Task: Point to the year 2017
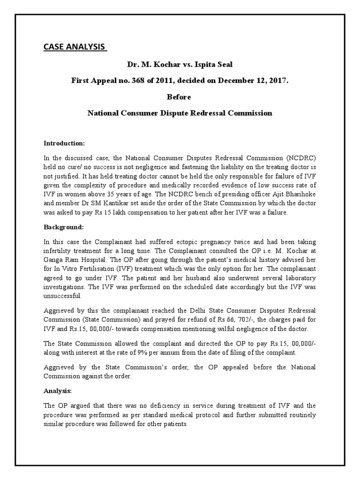pyautogui.click(x=278, y=81)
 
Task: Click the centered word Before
pyautogui.click(x=180, y=97)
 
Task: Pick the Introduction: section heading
pyautogui.click(x=64, y=143)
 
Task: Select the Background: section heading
pyautogui.click(x=63, y=227)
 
